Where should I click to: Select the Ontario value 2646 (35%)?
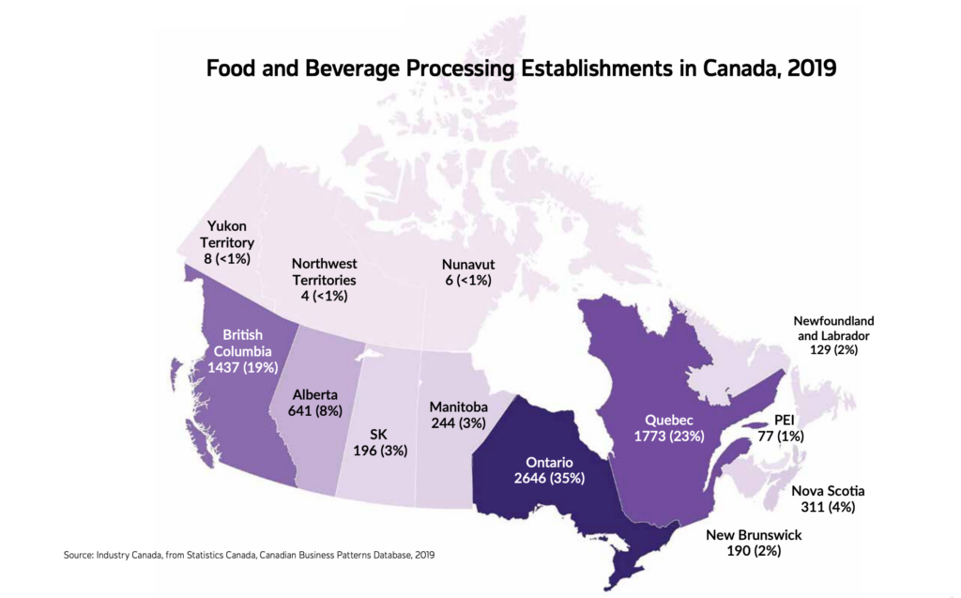[549, 479]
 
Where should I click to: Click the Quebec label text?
[667, 420]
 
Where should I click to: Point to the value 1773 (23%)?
[667, 437]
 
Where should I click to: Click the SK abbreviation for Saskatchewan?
[378, 434]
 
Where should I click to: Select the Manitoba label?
[458, 406]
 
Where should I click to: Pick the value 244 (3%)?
[458, 423]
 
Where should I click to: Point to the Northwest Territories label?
[324, 271]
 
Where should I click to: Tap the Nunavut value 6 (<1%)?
[467, 281]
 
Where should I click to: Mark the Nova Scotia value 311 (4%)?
[828, 508]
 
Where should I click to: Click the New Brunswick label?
[754, 535]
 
